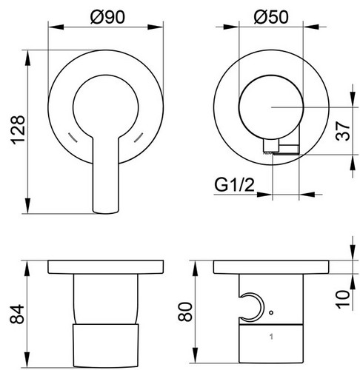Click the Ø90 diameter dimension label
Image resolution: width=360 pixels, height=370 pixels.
click(107, 17)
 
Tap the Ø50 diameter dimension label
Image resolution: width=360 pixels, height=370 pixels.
click(271, 17)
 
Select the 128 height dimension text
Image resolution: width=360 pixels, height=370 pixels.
click(18, 130)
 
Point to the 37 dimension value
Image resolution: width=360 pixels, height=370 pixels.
click(343, 131)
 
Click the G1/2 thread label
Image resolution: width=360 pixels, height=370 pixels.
click(234, 185)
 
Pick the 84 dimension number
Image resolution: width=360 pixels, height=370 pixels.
click(17, 314)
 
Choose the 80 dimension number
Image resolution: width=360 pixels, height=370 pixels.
click(185, 312)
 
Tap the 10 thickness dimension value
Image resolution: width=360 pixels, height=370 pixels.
click(343, 299)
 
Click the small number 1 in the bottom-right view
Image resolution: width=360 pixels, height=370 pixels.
click(271, 337)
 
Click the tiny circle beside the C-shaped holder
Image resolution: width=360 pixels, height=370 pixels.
click(271, 312)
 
